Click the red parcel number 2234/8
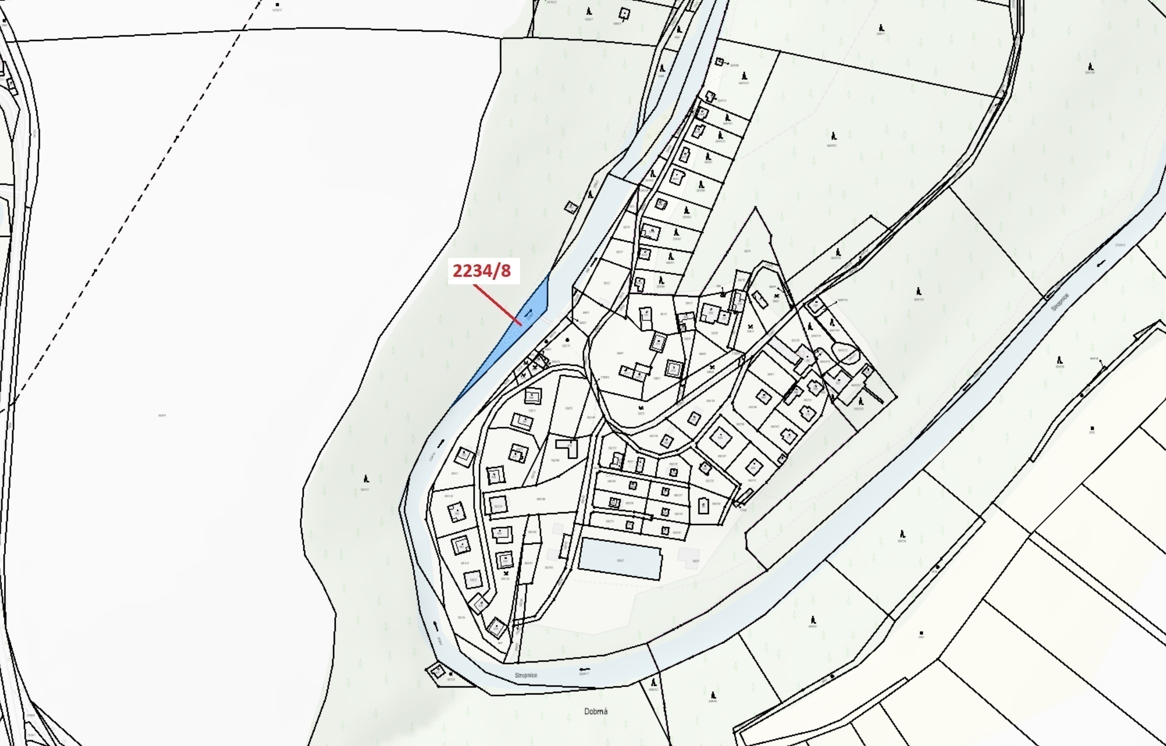coord(482,271)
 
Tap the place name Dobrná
coord(595,711)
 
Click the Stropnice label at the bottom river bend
coord(526,675)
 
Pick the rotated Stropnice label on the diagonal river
coord(1060,302)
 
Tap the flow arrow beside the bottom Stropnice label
coord(583,669)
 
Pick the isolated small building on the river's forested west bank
coord(571,206)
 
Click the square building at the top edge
coord(624,13)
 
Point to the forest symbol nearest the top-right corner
coord(1091,66)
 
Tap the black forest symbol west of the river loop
coord(366,478)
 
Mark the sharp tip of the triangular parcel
coord(755,207)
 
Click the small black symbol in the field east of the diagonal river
coord(1093,428)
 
